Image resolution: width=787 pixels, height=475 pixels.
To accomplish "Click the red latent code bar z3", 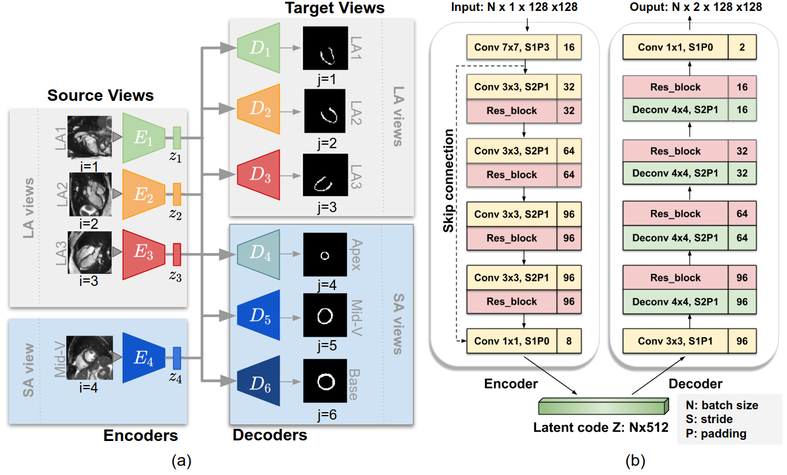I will tap(177, 254).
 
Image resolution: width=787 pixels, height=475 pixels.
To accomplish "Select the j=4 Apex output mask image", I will tap(325, 255).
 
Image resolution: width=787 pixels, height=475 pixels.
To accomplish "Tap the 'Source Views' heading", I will tap(101, 95).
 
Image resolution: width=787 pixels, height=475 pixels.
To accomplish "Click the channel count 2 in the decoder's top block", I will tap(742, 47).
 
